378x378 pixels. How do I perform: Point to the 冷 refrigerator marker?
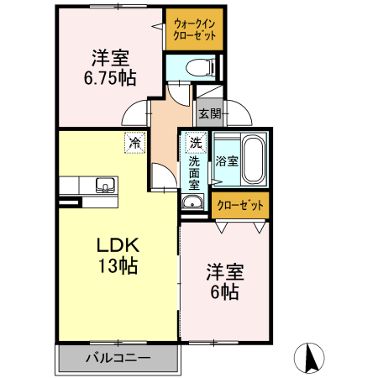point(134,143)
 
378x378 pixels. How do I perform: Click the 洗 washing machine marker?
point(195,143)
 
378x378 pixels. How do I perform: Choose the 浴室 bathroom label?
point(226,160)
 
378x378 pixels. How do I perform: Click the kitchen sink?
point(105,185)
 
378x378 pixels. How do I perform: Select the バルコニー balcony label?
point(118,359)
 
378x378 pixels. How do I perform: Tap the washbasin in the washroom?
point(193,202)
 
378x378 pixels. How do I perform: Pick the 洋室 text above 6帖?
point(225,272)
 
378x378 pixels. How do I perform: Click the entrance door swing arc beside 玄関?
point(234,110)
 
